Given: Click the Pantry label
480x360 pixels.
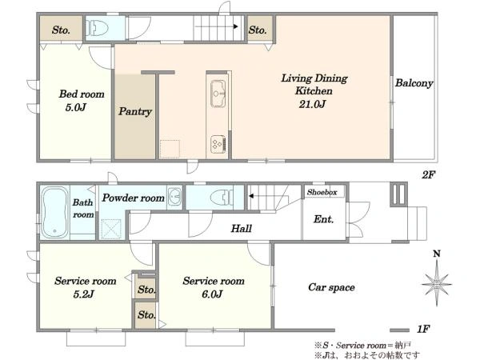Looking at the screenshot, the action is pos(135,111).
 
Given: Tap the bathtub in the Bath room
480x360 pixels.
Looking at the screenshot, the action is pos(54,212).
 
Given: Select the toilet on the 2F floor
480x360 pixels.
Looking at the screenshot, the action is pos(98,28).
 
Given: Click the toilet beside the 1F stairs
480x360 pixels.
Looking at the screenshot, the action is pos(222,197).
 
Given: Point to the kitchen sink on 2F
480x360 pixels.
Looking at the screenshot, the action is pos(218,94).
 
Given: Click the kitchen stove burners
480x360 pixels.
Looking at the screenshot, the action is pos(218,144).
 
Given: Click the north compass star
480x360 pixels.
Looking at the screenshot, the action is pos(437,283).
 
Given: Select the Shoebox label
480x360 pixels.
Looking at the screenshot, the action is pos(322,192).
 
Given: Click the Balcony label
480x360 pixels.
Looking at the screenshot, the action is pos(414,83).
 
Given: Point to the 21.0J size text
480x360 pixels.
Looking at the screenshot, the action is pos(312,104).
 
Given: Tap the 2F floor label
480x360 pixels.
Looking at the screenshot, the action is pos(428,174).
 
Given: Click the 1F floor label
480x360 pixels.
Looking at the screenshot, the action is pos(423,329).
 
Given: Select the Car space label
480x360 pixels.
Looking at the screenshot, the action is pos(331,287).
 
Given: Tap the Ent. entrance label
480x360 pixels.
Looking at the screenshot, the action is pos(323,219).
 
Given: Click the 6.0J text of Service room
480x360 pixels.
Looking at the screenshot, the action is pos(212,294).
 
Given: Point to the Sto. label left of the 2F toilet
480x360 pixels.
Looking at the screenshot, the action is pos(61,30).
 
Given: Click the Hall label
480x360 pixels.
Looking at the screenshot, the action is pos(242,228).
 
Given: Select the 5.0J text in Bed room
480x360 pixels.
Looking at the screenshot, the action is pos(75,107).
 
